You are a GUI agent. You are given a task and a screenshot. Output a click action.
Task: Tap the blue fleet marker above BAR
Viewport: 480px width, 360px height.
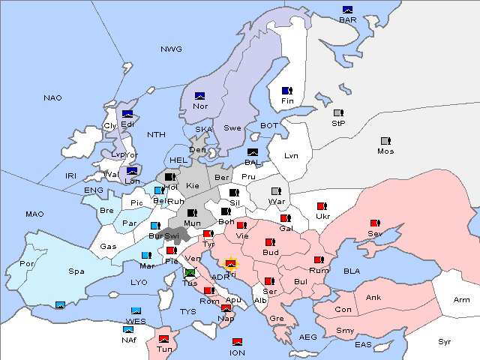[x=347, y=10]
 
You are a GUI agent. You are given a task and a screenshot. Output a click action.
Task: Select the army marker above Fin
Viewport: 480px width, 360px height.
[x=286, y=91]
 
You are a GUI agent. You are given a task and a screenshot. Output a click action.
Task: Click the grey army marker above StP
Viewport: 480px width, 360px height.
[x=337, y=113]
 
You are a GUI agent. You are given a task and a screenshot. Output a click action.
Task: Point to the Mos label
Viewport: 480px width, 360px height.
[x=385, y=151]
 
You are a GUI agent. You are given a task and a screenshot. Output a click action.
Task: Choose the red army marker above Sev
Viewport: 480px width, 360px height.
[x=374, y=223]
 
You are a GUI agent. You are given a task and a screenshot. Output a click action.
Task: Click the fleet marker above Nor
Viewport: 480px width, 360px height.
[x=199, y=96]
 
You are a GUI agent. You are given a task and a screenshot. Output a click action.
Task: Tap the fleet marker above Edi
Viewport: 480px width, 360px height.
[x=106, y=114]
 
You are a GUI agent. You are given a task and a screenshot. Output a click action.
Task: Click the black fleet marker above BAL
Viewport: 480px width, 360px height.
[x=253, y=152]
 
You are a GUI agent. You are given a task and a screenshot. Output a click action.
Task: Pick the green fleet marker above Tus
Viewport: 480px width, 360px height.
[x=190, y=273]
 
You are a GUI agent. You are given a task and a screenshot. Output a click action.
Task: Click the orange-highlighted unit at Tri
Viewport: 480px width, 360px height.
[x=231, y=264]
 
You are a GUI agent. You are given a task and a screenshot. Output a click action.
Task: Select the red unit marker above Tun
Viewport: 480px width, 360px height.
[x=163, y=339]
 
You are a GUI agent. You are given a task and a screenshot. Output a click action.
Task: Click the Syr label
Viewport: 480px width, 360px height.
[x=445, y=341]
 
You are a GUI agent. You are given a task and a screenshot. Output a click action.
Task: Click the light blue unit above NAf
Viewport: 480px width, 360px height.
[x=129, y=329]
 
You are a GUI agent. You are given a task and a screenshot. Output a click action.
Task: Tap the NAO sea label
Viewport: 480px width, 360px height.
[x=52, y=98]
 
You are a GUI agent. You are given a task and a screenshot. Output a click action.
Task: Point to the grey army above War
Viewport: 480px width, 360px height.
[x=275, y=191]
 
